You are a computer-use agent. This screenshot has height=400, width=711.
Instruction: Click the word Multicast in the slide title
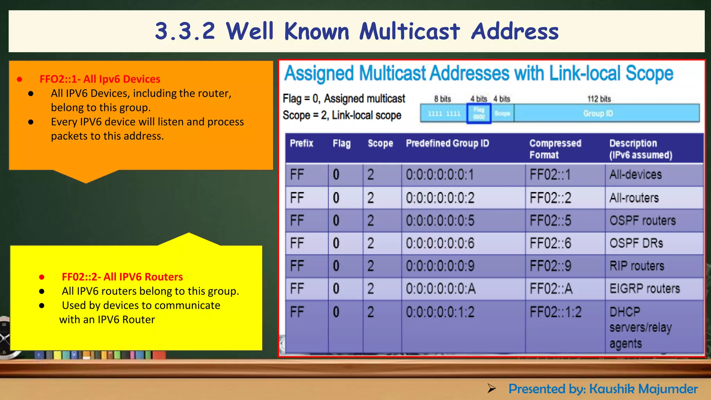(410, 31)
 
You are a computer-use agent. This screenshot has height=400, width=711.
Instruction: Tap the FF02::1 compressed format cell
(550, 175)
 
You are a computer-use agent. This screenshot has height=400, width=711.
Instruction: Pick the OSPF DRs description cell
(636, 243)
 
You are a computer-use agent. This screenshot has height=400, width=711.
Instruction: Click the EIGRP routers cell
(645, 289)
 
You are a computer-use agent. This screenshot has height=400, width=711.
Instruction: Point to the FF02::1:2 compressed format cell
(555, 312)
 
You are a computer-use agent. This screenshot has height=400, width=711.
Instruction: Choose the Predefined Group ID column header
(447, 143)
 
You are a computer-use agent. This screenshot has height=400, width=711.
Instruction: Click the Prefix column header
(301, 143)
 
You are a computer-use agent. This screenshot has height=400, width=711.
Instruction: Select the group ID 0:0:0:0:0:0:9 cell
(440, 266)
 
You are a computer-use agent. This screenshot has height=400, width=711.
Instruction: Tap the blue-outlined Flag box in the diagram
(479, 113)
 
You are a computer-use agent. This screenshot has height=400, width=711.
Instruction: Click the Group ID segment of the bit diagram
(598, 113)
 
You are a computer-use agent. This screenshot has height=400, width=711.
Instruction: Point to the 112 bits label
(599, 99)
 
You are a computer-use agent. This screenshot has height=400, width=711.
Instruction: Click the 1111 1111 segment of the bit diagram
(444, 114)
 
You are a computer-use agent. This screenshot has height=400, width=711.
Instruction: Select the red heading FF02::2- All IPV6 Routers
(122, 277)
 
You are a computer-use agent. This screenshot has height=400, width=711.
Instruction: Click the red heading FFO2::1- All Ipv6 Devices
(100, 79)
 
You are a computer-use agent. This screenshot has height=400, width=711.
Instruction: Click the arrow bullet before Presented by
(491, 389)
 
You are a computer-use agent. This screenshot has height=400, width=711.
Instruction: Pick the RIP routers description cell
(637, 266)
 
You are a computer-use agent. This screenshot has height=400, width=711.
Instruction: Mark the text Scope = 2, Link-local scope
(342, 115)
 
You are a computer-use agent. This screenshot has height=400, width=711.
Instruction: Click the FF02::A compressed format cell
(551, 289)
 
